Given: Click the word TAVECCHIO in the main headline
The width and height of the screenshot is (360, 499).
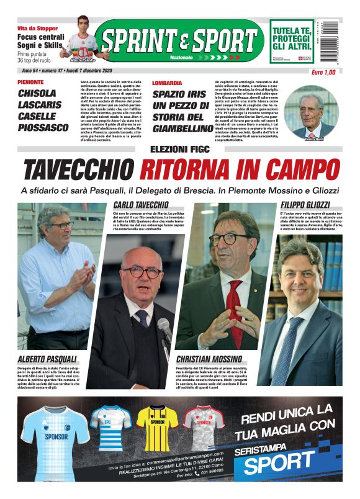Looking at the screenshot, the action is tap(79, 169).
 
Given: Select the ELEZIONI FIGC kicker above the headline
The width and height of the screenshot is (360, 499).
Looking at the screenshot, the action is tap(180, 149).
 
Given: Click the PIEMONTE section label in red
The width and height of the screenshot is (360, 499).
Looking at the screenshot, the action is tap(30, 83).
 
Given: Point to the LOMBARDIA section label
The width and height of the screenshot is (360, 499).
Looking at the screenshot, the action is tap(167, 83).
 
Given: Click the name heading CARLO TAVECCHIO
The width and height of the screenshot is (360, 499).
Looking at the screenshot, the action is tap(142, 204).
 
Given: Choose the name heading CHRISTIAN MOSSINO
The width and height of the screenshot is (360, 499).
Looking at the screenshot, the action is tap(209, 359).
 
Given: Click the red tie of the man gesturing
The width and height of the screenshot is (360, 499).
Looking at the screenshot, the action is tap(234, 303).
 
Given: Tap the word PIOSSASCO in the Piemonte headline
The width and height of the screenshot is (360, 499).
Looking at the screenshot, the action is tap(43, 127).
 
